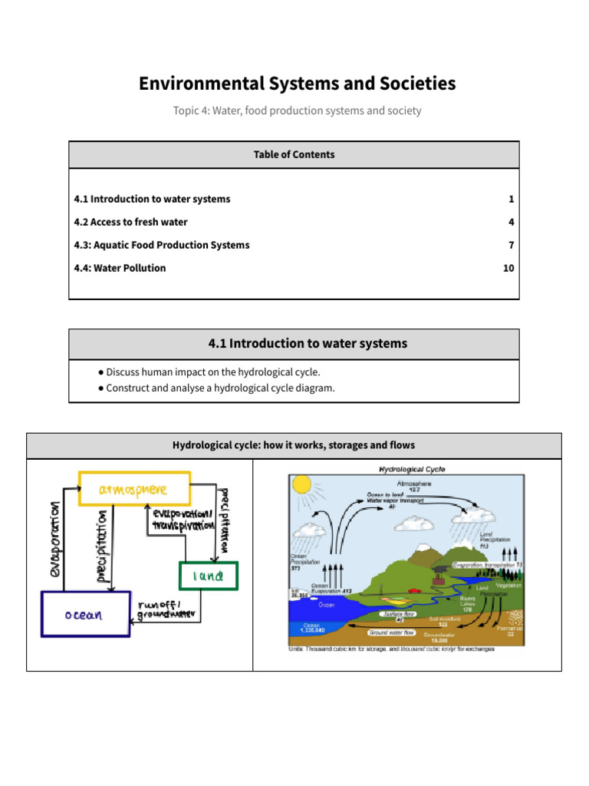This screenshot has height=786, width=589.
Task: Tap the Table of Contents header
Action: click(294, 154)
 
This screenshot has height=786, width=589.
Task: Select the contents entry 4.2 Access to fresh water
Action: click(130, 222)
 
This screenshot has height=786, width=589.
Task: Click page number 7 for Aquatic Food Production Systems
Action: click(511, 245)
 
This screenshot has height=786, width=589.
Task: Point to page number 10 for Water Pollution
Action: click(508, 268)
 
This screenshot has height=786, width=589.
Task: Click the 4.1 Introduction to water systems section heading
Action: click(308, 343)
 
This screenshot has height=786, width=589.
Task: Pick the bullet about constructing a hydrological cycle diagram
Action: click(220, 388)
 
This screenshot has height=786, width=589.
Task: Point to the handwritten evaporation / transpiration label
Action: click(182, 520)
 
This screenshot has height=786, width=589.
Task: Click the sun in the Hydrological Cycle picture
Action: click(301, 484)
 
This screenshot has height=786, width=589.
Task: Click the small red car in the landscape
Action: click(415, 591)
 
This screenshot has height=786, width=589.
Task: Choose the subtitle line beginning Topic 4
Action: click(297, 111)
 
